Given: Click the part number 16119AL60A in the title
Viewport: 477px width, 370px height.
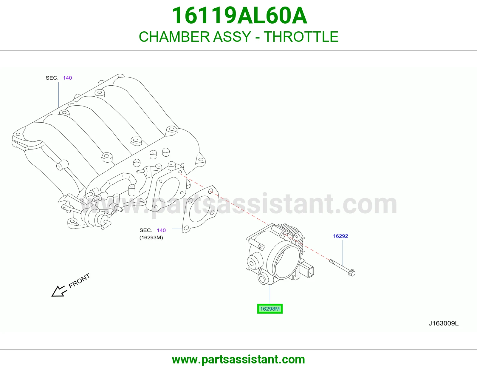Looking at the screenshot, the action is (239, 16).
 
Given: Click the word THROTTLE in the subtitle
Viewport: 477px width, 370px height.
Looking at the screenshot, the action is (301, 37).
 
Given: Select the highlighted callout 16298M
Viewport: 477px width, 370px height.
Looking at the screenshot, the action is (270, 309).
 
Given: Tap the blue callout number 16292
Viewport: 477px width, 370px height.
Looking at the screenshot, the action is (340, 236).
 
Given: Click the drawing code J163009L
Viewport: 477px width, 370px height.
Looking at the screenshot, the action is (443, 323).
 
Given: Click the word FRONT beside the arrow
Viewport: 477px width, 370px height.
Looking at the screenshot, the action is (79, 281).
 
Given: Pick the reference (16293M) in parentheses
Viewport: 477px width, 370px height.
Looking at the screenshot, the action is (151, 238).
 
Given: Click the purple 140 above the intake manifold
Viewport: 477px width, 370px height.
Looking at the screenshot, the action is (67, 78).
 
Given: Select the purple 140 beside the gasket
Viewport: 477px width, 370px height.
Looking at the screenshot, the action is (161, 230).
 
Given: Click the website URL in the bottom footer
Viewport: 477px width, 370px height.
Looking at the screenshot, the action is (238, 360).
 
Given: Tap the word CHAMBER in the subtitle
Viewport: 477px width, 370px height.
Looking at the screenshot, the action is (174, 37).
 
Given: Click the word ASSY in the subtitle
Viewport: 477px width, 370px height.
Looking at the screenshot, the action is (232, 37).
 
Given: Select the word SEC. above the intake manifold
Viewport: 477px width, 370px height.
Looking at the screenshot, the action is (52, 78).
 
